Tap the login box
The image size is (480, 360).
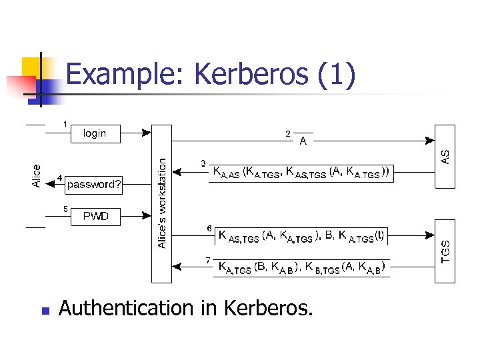point(95,133)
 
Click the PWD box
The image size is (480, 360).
point(95,217)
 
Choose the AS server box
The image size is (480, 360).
point(445,156)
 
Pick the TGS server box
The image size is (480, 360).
point(445,251)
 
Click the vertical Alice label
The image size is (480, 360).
point(37,175)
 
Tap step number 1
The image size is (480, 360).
point(65,123)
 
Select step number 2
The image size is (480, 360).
point(287,134)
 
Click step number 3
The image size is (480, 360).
point(204,163)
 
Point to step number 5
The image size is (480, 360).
point(65,209)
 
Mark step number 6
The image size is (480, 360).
point(209,229)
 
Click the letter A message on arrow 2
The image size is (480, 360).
point(303,141)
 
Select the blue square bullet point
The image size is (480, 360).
point(45,310)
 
